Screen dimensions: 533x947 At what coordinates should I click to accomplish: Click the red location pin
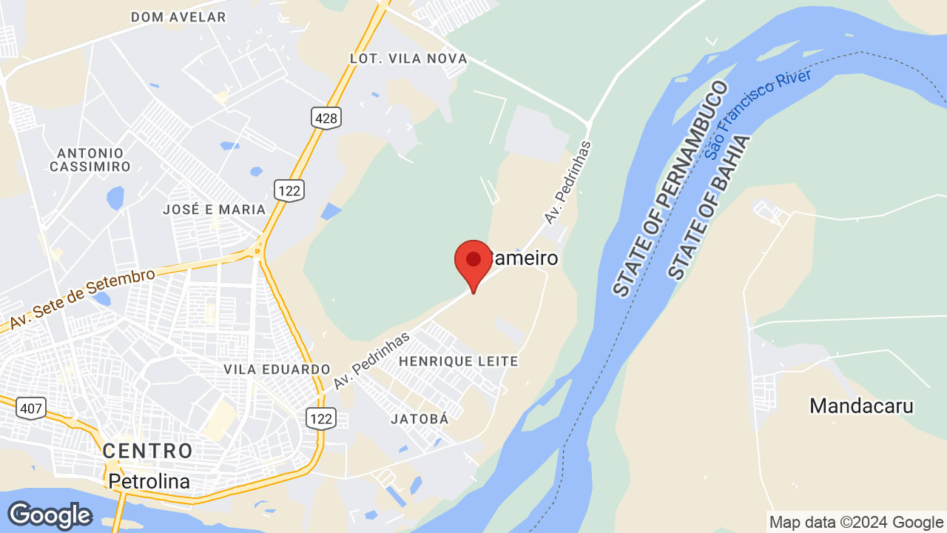(x=473, y=261)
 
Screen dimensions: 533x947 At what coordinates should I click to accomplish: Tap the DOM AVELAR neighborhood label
(x=178, y=16)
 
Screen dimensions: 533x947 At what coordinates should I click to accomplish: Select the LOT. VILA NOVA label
(x=408, y=58)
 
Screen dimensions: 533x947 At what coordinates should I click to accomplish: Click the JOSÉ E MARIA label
(x=214, y=209)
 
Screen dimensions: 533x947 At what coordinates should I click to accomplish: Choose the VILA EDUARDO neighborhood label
(x=277, y=369)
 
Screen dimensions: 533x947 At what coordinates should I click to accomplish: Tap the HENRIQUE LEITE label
(x=458, y=361)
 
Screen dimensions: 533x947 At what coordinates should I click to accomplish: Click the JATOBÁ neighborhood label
(x=419, y=419)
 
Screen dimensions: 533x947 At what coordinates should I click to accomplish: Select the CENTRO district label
(x=147, y=450)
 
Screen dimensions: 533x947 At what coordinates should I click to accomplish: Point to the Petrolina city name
(x=149, y=482)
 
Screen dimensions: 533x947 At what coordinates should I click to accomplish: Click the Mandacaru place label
(x=861, y=406)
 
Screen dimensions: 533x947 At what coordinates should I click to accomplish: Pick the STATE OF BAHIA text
(x=710, y=208)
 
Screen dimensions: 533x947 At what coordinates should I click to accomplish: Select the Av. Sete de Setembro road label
(x=82, y=300)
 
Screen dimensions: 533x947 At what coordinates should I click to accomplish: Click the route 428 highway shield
(x=326, y=117)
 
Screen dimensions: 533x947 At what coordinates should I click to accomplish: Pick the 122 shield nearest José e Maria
(x=289, y=190)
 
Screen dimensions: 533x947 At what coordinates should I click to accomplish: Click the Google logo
(x=50, y=515)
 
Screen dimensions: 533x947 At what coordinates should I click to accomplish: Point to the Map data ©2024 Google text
(x=856, y=522)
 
